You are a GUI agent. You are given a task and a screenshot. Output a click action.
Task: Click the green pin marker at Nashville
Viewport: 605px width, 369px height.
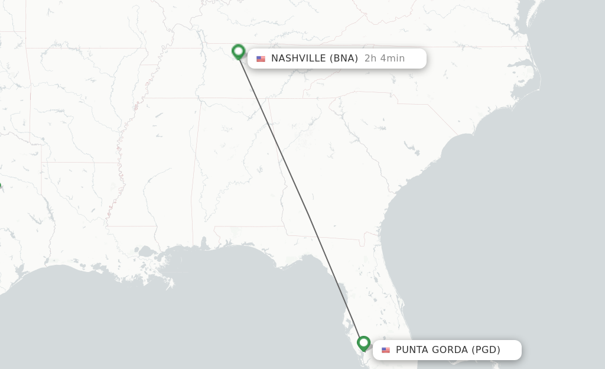click(x=238, y=51)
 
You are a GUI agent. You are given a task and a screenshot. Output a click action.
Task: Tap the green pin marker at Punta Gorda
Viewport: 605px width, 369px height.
click(x=363, y=343)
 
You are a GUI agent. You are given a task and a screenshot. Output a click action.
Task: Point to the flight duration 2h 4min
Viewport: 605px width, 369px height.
click(x=385, y=58)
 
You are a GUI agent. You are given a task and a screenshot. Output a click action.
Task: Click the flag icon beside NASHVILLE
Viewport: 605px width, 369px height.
click(x=261, y=59)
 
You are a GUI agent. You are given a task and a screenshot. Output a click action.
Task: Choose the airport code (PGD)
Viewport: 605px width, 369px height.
click(x=486, y=349)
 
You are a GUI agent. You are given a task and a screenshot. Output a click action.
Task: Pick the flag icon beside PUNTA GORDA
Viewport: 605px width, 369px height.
click(x=386, y=350)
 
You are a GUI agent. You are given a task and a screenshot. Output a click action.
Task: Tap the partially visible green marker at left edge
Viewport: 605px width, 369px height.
click(x=1, y=186)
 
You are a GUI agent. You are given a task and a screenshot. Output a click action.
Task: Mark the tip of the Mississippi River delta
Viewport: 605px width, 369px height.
click(x=171, y=284)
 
